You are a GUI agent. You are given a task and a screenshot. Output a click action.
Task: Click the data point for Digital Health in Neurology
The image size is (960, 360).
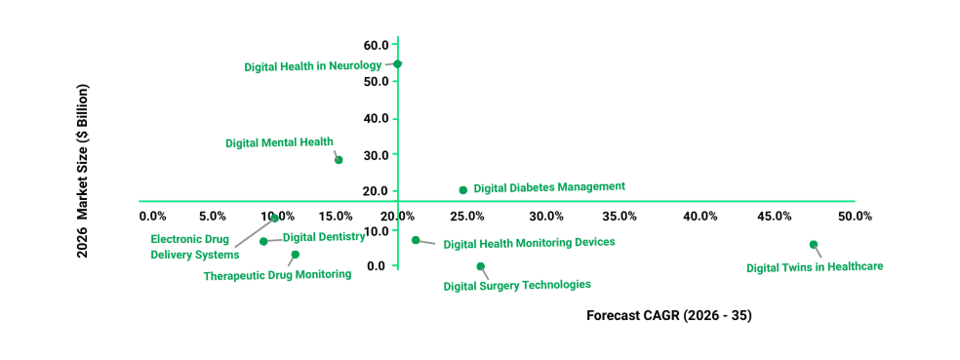coord(397,63)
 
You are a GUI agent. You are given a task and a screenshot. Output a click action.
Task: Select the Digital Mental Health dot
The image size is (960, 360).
coord(339,160)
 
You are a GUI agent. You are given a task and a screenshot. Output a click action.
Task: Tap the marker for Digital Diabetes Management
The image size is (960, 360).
coord(463,190)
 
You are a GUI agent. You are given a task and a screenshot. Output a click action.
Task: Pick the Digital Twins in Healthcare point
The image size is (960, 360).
coord(814,245)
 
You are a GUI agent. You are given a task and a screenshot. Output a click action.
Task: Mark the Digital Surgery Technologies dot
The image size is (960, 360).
coord(480,266)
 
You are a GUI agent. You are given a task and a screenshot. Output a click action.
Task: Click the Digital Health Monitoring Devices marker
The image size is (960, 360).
coord(416,240)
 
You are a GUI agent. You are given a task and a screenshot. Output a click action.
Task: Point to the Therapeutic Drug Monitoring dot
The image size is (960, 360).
coord(296,255)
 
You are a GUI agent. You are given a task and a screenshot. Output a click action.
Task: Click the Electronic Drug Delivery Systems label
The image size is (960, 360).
coord(194,247)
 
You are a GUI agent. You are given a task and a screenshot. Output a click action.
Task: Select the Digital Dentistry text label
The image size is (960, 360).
coord(324,236)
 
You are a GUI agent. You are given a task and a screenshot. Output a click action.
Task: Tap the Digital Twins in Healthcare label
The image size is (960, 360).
coord(815,267)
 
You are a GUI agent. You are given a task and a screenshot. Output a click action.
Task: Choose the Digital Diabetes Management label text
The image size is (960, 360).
coord(549,186)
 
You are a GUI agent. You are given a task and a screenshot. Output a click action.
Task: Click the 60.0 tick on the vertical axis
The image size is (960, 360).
coord(376,45)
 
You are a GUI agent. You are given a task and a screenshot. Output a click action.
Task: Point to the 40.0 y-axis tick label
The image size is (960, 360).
coord(376,118)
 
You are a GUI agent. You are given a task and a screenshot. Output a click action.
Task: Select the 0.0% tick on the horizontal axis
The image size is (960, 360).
coord(153,216)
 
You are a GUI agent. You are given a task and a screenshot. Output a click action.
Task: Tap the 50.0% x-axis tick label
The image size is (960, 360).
coord(855,216)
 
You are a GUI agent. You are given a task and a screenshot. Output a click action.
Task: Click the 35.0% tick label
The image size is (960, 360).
coord(620,216)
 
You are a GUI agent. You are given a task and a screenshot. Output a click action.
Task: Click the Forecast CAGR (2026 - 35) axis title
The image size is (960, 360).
coord(669,316)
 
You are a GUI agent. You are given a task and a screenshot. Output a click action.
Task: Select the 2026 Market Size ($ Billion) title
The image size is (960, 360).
coord(85,171)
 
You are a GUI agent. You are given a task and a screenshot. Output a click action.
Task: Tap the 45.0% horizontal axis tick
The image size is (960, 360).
coord(777,216)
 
